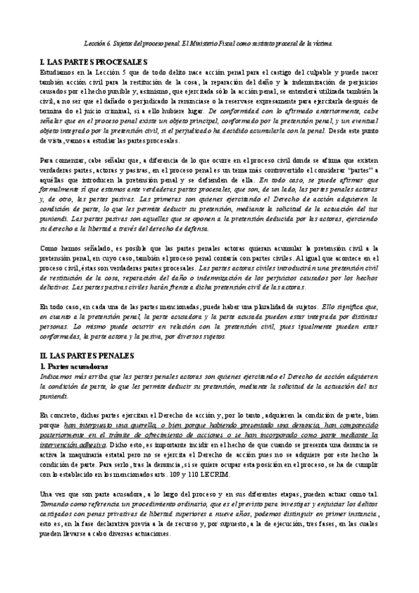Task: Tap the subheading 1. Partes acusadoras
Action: pos(73,366)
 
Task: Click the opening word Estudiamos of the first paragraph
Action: pos(59,73)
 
